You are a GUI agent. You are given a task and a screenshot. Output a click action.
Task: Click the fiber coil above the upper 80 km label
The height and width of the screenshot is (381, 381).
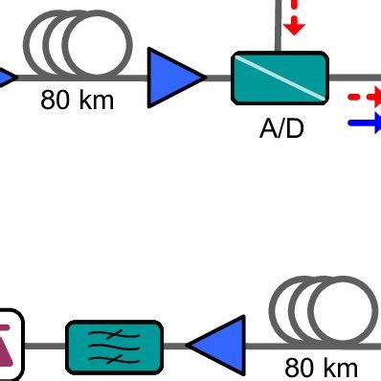(x=78, y=47)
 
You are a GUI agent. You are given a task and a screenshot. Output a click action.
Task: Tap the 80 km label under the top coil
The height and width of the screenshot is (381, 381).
(x=77, y=101)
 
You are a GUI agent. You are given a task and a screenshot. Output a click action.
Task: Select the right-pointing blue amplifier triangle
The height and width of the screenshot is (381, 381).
(x=174, y=75)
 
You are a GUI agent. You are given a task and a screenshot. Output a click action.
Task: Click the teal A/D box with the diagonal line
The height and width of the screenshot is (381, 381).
(x=280, y=78)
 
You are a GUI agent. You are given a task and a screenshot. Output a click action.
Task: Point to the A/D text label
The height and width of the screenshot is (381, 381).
(x=281, y=127)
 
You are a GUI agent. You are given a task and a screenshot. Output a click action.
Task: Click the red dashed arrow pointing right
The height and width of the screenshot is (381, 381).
(x=364, y=97)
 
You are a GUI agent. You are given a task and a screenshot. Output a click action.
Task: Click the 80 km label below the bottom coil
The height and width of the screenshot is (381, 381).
(x=322, y=367)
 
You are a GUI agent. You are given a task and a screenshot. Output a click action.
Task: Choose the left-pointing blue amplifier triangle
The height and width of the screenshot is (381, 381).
(x=217, y=346)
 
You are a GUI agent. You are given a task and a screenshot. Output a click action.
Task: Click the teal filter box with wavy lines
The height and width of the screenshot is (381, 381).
(x=114, y=347)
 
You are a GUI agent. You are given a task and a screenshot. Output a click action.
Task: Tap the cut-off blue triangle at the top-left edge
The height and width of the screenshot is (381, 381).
(x=6, y=76)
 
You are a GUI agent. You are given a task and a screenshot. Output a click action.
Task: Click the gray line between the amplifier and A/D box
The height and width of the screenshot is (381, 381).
(x=218, y=76)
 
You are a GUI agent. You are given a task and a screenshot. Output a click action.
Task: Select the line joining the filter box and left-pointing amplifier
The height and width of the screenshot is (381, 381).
(x=174, y=346)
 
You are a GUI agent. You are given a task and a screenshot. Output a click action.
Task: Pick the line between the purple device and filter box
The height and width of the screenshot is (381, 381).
(x=44, y=346)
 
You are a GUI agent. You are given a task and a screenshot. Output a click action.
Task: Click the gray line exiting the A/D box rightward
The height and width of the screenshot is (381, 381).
(x=354, y=77)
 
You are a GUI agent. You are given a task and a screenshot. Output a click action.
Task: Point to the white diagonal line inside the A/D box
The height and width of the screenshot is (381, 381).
(x=280, y=77)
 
